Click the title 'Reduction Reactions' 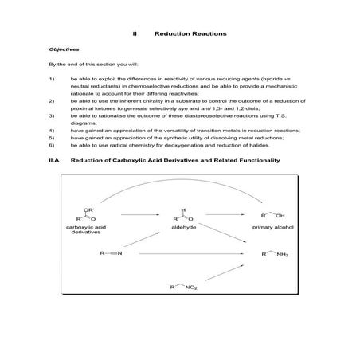[x=190, y=34]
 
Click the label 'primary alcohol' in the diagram [x=272, y=227]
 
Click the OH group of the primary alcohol [x=280, y=216]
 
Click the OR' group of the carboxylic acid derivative [x=88, y=208]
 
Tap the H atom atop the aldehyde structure [x=182, y=205]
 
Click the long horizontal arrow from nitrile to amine [x=191, y=255]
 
